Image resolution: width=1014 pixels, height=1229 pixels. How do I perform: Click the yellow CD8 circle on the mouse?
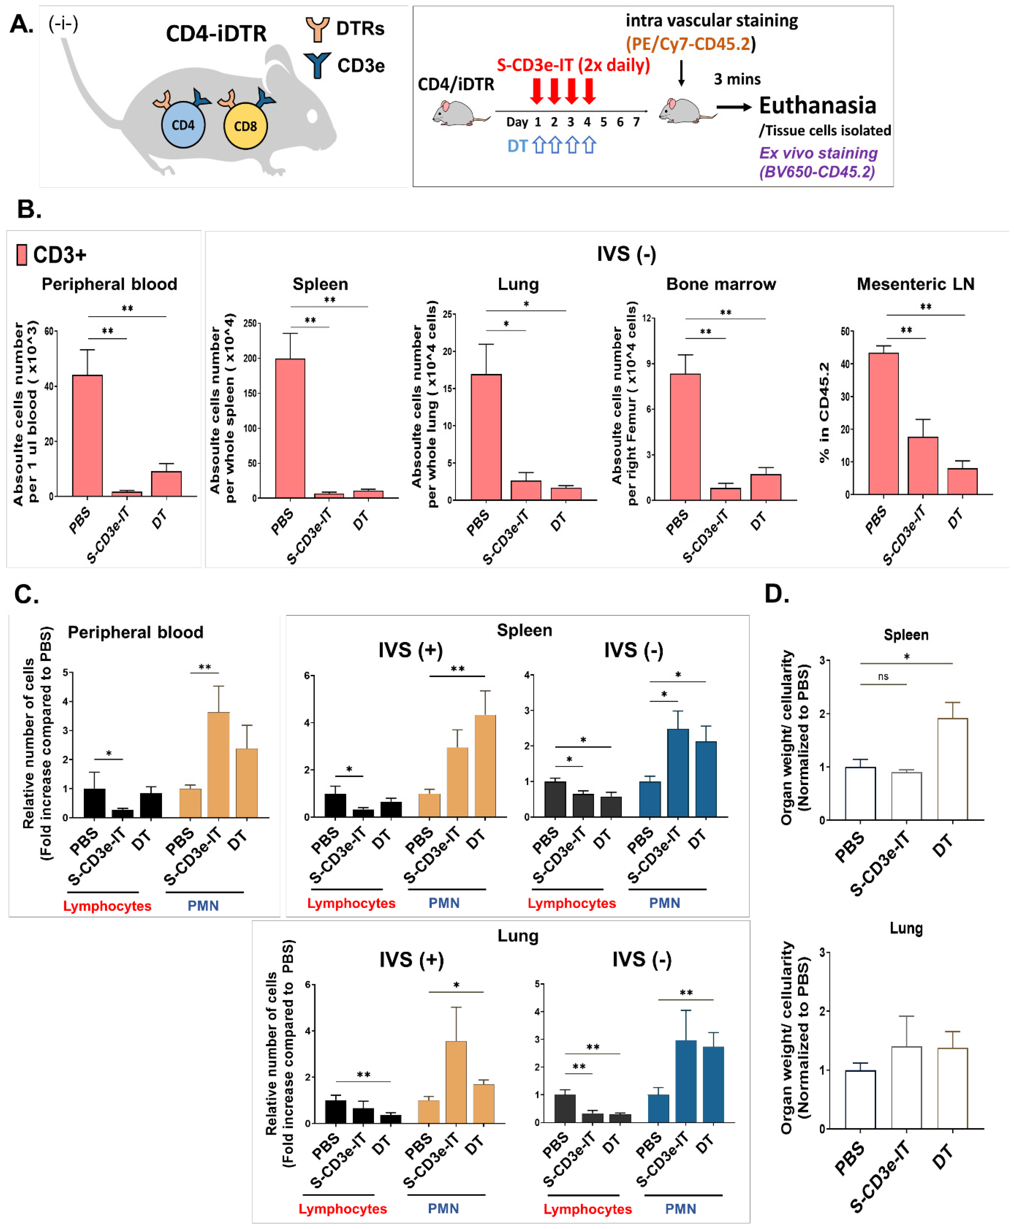245,126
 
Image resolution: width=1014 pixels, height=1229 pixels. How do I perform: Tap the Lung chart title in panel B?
518,284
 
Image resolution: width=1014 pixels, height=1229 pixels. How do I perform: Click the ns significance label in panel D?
883,676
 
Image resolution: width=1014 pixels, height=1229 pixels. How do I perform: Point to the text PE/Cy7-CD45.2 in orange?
691,44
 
